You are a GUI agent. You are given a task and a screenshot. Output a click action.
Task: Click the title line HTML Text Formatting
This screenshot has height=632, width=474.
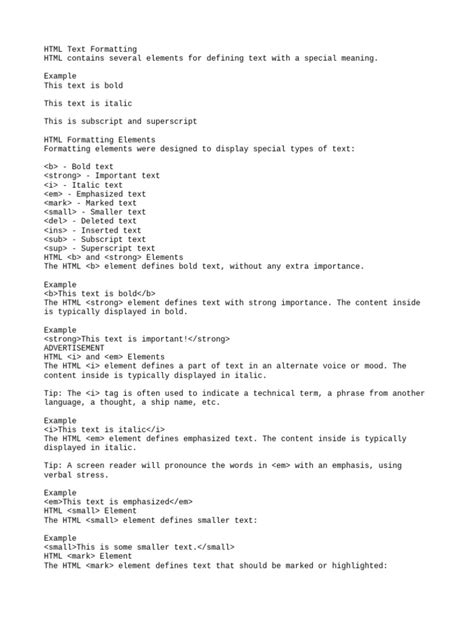click(x=91, y=49)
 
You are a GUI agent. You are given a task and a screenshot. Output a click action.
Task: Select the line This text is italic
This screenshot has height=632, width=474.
click(x=88, y=103)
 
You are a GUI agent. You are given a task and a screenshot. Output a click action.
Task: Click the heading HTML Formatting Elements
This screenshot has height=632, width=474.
click(x=104, y=139)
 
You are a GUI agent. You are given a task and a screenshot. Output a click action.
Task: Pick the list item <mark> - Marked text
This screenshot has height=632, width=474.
click(x=91, y=203)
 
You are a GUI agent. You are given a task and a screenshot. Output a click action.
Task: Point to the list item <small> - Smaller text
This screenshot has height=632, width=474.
click(x=95, y=212)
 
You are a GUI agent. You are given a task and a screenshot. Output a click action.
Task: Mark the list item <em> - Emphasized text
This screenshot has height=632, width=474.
click(x=95, y=194)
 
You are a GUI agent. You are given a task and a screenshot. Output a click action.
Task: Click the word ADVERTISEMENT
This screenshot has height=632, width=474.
click(x=74, y=348)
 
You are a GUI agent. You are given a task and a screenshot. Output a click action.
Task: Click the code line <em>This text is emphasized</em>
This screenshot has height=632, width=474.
click(x=118, y=501)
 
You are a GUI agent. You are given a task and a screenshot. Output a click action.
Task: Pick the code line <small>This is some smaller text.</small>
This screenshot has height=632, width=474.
click(x=139, y=547)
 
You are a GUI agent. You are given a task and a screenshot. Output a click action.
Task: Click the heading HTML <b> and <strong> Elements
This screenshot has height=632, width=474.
click(x=114, y=257)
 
